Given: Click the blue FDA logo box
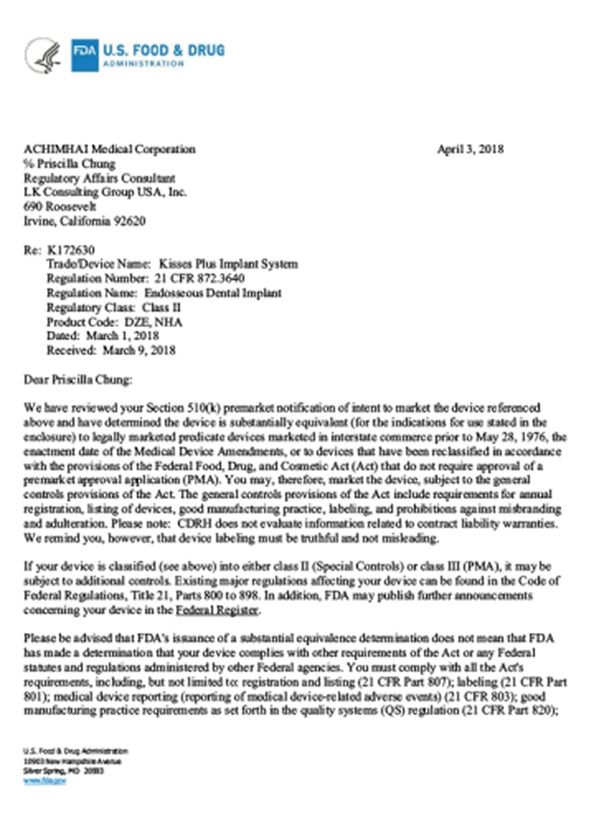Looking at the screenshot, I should (x=85, y=55).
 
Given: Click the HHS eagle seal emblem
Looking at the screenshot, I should (x=42, y=55).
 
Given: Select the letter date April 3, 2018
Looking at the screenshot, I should (x=470, y=149).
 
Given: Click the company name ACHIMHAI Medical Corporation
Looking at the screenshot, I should (x=110, y=149).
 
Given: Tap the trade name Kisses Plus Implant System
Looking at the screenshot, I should (x=228, y=264).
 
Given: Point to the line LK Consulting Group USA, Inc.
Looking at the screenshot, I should (x=106, y=192).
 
